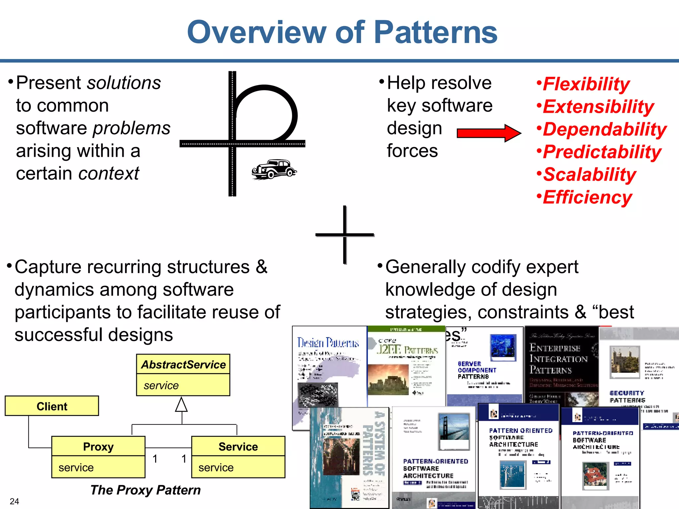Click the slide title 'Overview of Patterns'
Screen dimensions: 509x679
[342, 32]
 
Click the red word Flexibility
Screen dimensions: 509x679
[586, 84]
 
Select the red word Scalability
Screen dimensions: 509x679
[589, 174]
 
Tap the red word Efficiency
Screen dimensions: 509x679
[587, 197]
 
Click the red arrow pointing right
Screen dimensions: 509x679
[488, 133]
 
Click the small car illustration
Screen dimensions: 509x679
[274, 169]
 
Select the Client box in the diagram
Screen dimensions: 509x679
[52, 406]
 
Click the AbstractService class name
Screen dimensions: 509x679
[183, 365]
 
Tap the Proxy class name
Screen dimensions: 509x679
[98, 446]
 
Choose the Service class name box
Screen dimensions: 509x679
[238, 446]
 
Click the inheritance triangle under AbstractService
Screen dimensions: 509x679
[181, 405]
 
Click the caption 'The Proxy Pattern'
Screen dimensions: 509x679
[146, 490]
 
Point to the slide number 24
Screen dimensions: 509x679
[14, 501]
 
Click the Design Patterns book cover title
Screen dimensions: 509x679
[328, 342]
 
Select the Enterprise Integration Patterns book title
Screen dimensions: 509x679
[559, 359]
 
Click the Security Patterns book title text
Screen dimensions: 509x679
[627, 397]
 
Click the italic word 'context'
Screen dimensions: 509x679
[109, 173]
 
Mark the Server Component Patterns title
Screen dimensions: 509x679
[477, 370]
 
